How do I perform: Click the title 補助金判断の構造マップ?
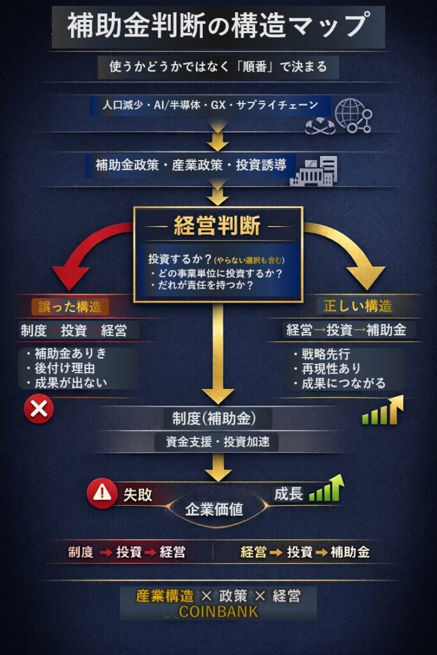[x=218, y=27]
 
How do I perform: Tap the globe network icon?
[x=353, y=115]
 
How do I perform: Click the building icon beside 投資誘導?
[x=314, y=170]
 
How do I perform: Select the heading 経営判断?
[x=217, y=226]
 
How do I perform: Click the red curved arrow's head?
[x=74, y=275]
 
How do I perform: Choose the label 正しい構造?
[x=358, y=306]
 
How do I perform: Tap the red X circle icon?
[x=39, y=409]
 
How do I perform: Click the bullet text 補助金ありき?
[x=70, y=353]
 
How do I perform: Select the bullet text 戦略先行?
[x=330, y=354]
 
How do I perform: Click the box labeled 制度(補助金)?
[x=214, y=418]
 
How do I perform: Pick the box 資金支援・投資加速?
[x=217, y=442]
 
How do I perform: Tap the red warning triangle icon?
[x=102, y=493]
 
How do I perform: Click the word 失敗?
[x=137, y=495]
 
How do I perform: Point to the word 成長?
[x=288, y=494]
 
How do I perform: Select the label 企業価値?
[x=214, y=510]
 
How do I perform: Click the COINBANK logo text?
[x=218, y=612]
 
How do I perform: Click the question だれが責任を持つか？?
[x=210, y=286]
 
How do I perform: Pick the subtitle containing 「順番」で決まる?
[x=218, y=67]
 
